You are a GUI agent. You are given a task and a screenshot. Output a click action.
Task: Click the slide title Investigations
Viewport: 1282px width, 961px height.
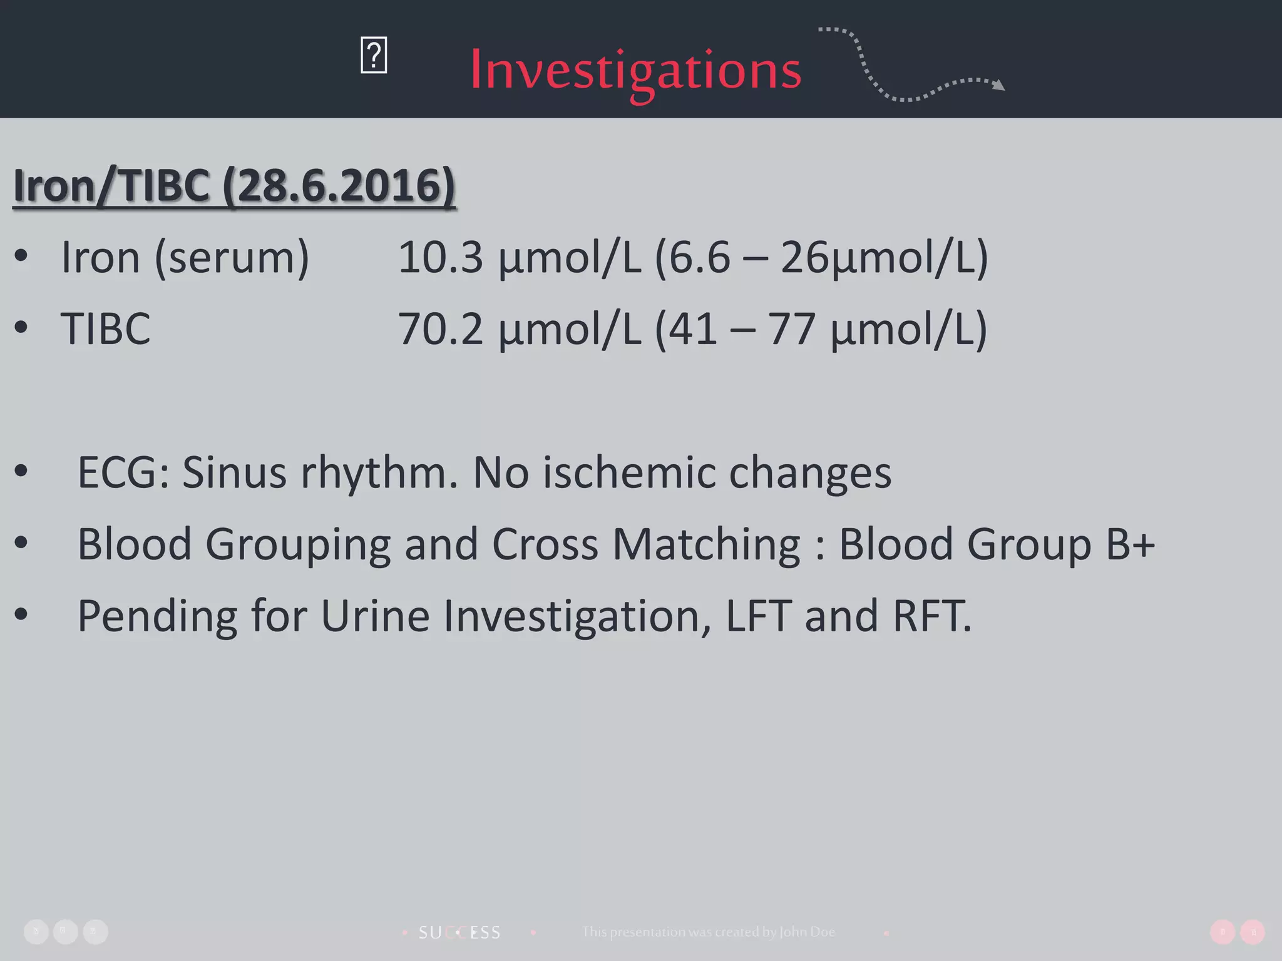[635, 70]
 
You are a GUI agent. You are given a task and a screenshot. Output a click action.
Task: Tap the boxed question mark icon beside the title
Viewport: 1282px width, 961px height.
[374, 56]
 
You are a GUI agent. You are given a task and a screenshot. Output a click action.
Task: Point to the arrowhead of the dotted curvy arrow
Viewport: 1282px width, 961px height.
[999, 85]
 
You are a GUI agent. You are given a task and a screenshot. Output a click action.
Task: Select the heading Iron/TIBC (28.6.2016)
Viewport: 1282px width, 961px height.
[234, 186]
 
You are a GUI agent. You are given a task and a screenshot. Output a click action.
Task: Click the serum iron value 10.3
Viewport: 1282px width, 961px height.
[441, 257]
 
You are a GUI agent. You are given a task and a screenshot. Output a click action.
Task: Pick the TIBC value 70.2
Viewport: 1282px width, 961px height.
[441, 329]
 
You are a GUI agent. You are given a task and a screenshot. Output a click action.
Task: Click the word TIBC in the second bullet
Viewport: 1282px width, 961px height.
[105, 329]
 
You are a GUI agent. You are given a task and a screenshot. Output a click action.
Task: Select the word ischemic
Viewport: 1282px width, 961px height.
[628, 472]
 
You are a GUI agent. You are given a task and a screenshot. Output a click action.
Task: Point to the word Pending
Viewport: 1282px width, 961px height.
[157, 616]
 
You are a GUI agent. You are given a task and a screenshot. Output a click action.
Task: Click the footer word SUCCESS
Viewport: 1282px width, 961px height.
[459, 933]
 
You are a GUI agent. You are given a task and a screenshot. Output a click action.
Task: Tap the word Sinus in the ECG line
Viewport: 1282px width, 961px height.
[234, 472]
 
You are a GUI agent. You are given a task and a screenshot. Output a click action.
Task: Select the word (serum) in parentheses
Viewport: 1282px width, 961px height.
[232, 257]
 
